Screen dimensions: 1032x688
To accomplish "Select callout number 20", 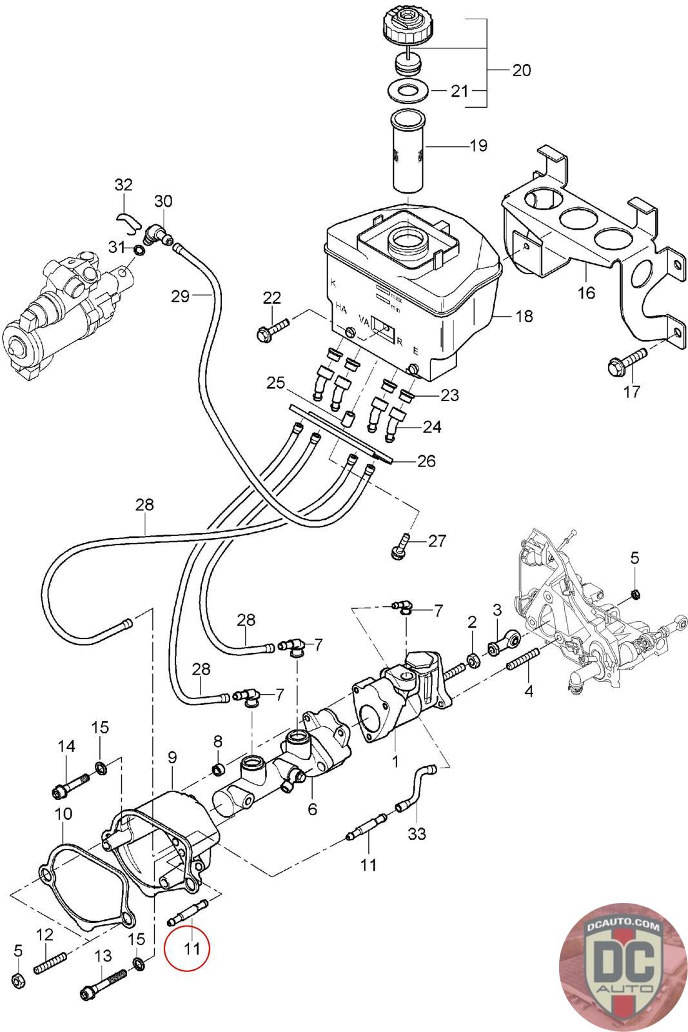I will [521, 70].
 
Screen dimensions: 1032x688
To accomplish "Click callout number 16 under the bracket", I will [585, 292].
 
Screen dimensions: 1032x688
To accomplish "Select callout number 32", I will [123, 185].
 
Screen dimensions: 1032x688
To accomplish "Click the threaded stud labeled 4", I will [522, 660].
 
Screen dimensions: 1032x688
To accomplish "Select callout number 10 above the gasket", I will [64, 814].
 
